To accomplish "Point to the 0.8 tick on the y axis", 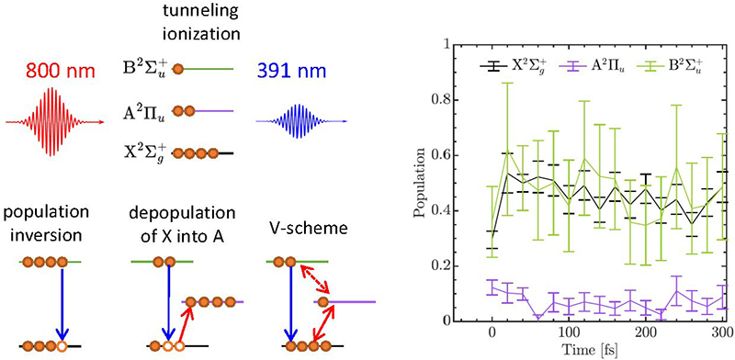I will point(442,100).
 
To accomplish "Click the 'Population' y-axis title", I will point(419,184).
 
